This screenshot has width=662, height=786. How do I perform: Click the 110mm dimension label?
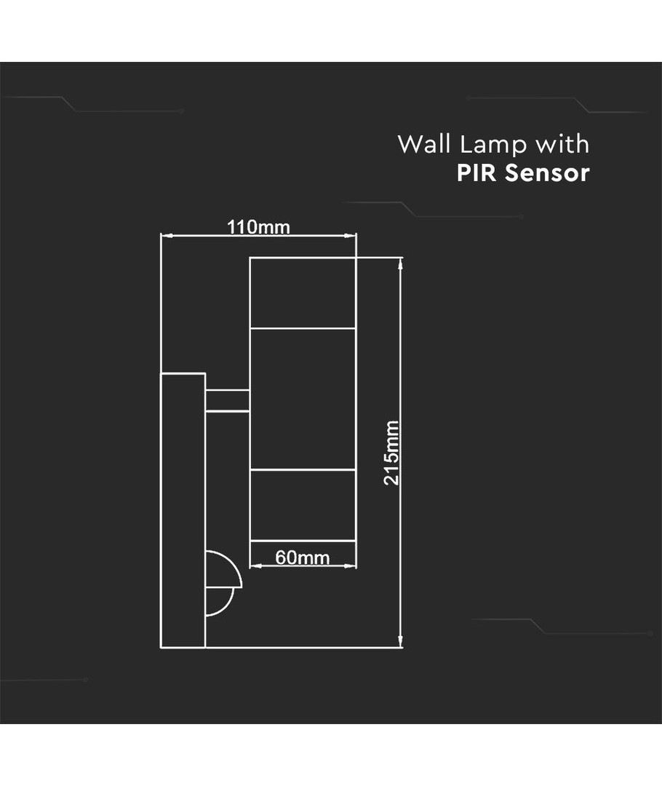(258, 227)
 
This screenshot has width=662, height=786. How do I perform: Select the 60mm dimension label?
(303, 558)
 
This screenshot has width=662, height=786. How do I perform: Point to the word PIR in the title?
(476, 174)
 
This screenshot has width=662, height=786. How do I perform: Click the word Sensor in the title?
(546, 174)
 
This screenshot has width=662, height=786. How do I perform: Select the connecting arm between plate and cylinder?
(227, 401)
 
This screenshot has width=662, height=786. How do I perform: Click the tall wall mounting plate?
(183, 509)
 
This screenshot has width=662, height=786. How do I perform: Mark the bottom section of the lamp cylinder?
(303, 505)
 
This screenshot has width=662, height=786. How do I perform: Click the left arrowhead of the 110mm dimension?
(164, 235)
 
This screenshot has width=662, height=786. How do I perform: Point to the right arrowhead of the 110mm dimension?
(353, 235)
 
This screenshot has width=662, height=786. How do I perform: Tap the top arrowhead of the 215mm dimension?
(401, 262)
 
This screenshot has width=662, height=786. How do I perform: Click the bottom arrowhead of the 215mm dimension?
(401, 642)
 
